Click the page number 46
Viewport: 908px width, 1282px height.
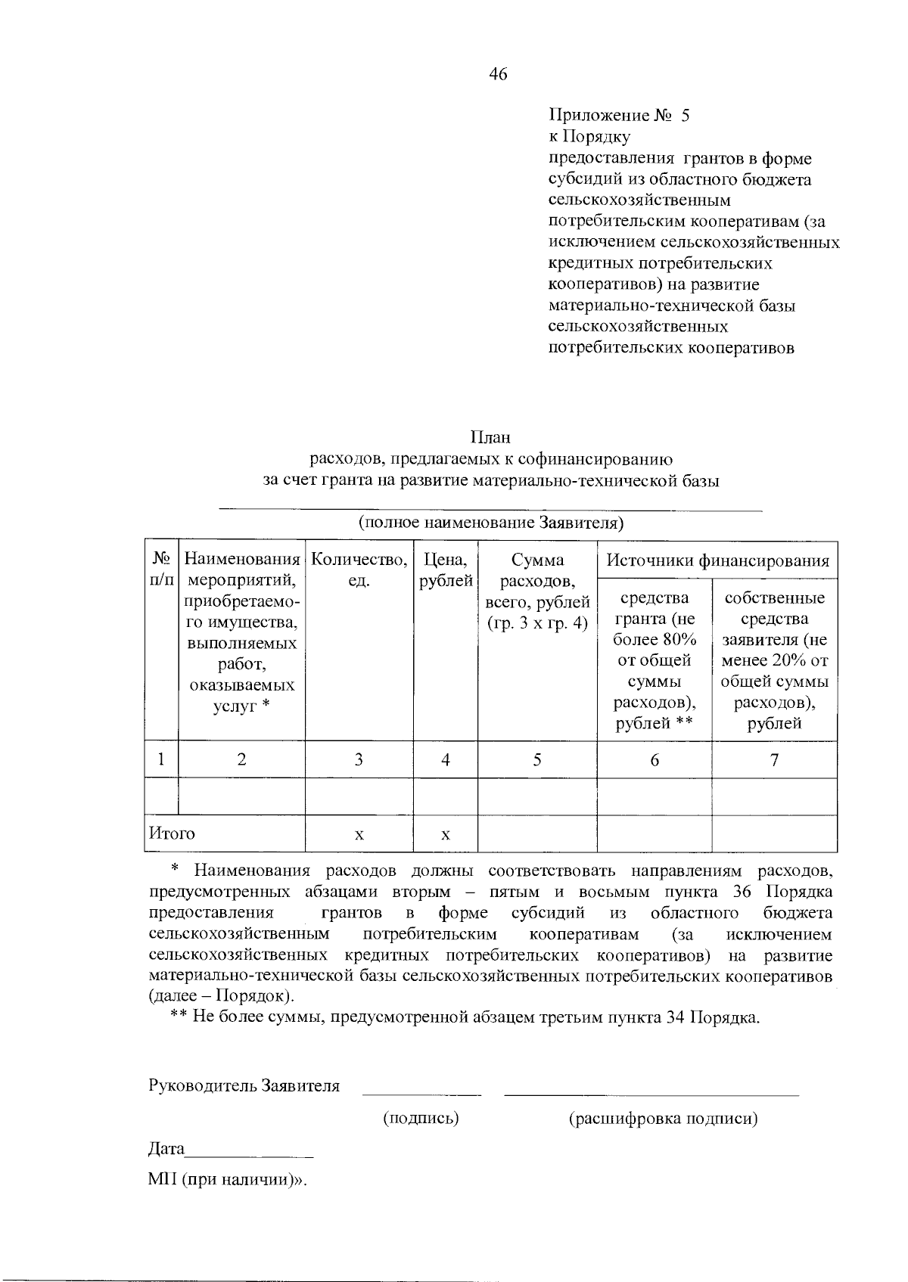click(x=499, y=74)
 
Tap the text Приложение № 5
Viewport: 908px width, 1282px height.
click(x=619, y=116)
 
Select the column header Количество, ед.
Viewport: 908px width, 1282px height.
click(x=359, y=570)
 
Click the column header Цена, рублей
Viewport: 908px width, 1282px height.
click(x=446, y=570)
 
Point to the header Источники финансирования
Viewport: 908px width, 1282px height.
click(x=717, y=560)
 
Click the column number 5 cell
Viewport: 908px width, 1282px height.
click(x=536, y=759)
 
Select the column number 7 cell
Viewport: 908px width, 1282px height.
click(x=774, y=759)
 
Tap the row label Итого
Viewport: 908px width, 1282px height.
click(x=172, y=833)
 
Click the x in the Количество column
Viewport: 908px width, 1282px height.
click(x=359, y=834)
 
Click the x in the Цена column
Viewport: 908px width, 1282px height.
click(x=446, y=834)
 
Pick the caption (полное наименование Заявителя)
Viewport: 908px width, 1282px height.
click(x=490, y=523)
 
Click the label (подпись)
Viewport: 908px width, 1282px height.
click(x=421, y=1118)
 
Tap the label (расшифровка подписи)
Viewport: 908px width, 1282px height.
click(x=663, y=1118)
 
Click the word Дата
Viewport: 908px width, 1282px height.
click(x=166, y=1148)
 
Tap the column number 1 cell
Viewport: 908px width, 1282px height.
click(x=161, y=759)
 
